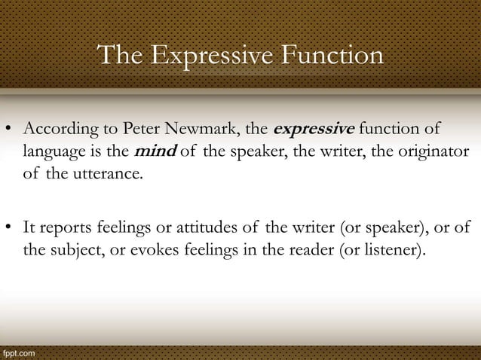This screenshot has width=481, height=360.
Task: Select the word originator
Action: point(430,153)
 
